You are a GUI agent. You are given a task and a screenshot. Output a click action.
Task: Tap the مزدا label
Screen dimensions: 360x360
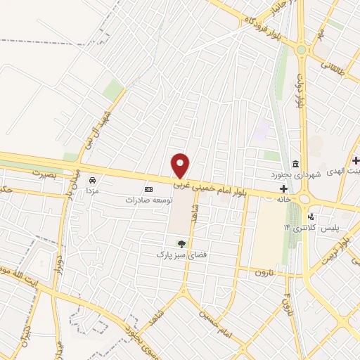click(x=91, y=191)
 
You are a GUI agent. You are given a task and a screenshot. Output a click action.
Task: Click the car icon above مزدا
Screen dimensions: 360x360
click(x=91, y=180)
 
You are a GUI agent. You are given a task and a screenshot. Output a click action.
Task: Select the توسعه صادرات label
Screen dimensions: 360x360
click(x=148, y=200)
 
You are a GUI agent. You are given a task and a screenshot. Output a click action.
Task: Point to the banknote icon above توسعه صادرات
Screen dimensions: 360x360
click(x=148, y=189)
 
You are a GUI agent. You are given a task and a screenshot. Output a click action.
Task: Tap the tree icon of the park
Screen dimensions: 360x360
click(x=181, y=243)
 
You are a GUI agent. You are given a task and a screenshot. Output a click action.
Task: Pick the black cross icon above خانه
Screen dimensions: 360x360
click(x=283, y=188)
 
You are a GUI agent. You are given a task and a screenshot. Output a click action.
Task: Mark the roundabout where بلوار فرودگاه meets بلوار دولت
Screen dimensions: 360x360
click(x=303, y=50)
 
